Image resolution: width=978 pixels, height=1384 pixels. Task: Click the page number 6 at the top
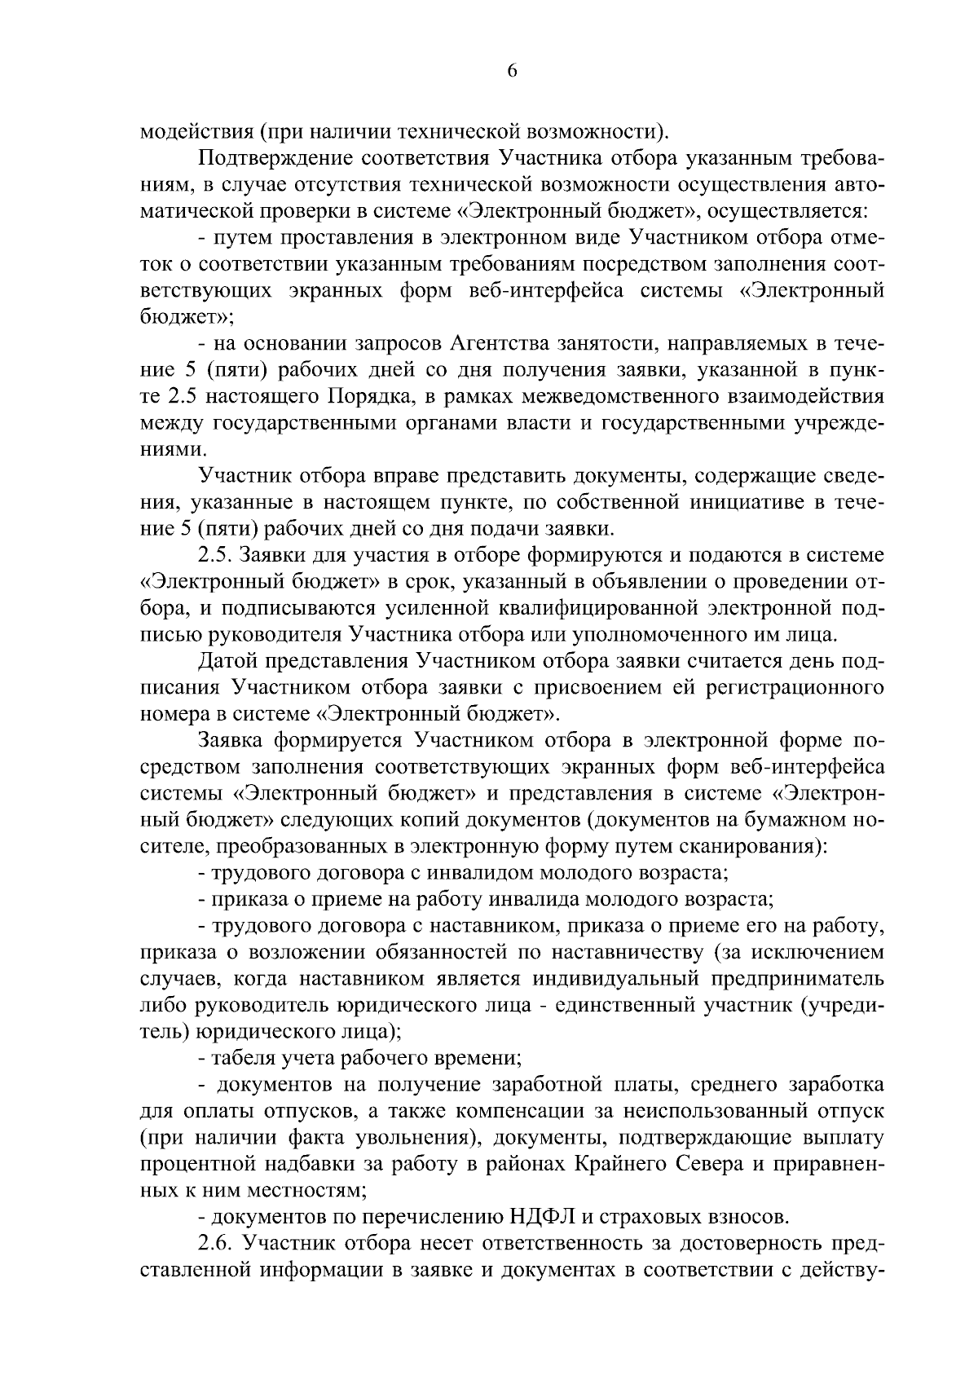(x=512, y=71)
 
